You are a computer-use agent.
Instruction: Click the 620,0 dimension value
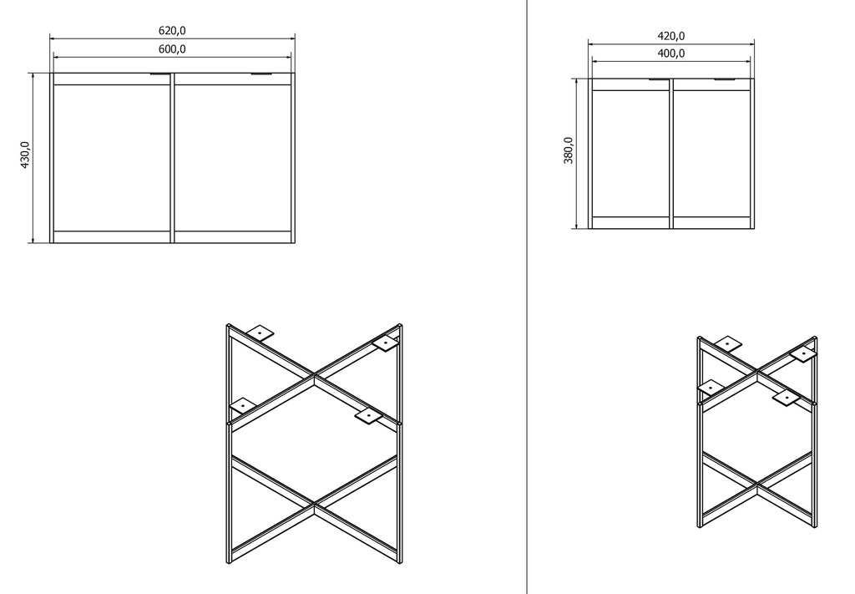coord(172,31)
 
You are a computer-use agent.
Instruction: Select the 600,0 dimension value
coord(172,49)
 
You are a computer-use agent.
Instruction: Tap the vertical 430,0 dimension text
coord(25,155)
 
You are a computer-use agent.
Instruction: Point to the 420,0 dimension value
coord(671,36)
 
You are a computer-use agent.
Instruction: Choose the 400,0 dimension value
coord(671,53)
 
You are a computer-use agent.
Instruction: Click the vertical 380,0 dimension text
coord(568,150)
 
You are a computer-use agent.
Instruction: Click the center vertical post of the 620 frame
coord(172,158)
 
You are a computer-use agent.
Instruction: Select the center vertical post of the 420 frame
coord(671,153)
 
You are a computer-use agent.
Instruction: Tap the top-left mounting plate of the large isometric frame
coord(261,332)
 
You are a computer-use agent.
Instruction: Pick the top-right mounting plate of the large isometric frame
coord(386,343)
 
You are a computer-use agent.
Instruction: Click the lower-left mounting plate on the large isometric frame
coord(243,405)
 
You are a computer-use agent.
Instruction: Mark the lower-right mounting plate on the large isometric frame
coord(368,417)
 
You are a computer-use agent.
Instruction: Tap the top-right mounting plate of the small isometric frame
coord(803,355)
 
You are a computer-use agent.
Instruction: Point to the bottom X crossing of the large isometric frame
coord(315,505)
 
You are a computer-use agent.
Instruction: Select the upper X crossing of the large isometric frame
coord(315,376)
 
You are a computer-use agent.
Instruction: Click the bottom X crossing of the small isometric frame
coord(756,485)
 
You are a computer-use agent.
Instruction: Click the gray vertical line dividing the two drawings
coord(527,297)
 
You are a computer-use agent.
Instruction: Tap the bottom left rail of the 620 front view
coord(112,236)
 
